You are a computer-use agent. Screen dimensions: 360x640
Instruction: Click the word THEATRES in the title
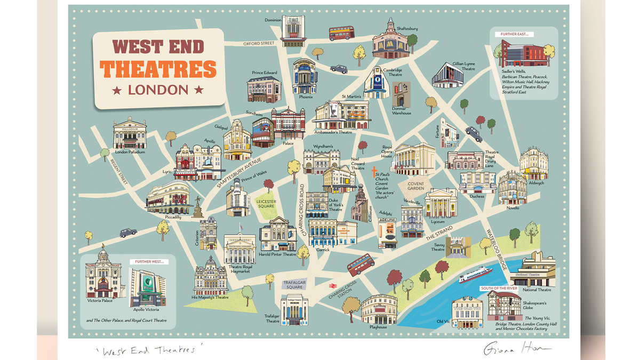159,69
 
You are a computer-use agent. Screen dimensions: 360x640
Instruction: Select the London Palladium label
130,152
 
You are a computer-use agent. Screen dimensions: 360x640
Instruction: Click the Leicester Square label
266,204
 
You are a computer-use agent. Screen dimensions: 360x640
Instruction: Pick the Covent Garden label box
415,185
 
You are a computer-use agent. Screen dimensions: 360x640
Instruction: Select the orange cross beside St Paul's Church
374,170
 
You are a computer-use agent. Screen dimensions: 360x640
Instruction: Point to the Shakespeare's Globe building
503,303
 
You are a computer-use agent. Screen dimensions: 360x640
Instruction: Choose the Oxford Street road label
259,43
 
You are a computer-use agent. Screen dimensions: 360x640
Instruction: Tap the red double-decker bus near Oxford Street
341,34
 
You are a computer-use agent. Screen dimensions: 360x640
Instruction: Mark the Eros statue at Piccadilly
198,206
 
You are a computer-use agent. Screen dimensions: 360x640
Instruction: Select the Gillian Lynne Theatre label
463,66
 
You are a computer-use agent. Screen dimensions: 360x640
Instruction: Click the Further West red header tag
149,262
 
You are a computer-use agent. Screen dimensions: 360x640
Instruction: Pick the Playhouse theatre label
378,327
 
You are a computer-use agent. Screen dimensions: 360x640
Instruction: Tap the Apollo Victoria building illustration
144,287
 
